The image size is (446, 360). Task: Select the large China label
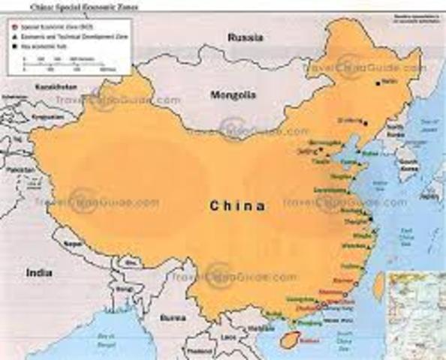click(x=237, y=205)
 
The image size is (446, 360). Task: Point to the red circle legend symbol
click(x=14, y=25)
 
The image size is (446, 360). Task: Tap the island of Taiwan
click(x=379, y=284)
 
